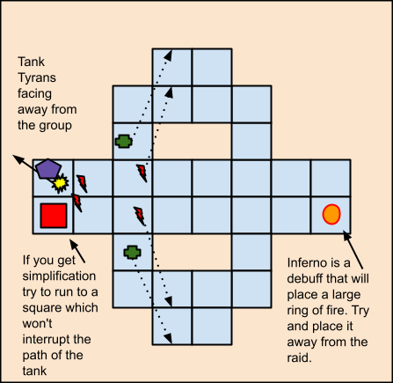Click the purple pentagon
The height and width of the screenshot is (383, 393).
48,169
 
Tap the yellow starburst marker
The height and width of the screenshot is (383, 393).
61,183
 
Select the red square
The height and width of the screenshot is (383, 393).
54,216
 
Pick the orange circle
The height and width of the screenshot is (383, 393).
331,214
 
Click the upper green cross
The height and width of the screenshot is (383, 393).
124,142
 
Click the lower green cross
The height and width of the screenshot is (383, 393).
133,253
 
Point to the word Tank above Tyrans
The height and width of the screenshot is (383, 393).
31,62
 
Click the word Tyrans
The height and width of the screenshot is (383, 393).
37,77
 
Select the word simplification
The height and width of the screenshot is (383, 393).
59,276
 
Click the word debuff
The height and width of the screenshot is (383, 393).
305,278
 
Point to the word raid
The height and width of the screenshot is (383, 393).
299,358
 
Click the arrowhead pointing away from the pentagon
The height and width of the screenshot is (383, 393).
18,159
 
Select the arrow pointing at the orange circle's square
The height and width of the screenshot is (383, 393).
353,250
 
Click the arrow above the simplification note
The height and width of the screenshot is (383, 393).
77,251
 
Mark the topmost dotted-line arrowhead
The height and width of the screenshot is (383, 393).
168,55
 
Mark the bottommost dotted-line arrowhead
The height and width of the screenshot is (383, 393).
168,338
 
